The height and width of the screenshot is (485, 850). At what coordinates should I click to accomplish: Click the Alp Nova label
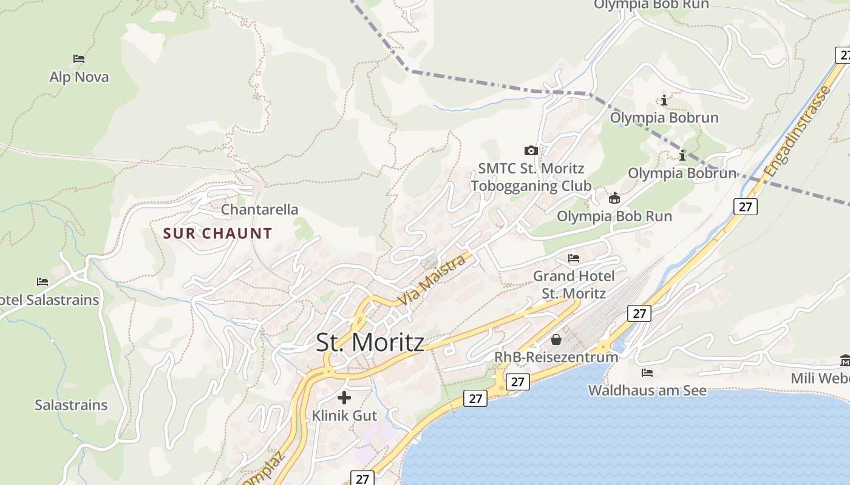(79, 77)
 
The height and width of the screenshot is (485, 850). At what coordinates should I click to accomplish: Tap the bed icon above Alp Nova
(79, 59)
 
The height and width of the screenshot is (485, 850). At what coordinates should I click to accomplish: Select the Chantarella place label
(259, 210)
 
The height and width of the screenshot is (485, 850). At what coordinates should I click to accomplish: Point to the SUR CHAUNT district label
(217, 233)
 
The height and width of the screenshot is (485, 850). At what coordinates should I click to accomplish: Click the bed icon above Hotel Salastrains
(42, 282)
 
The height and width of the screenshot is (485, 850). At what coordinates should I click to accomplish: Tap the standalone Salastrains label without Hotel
(71, 405)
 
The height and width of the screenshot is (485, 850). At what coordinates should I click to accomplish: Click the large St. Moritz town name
(370, 343)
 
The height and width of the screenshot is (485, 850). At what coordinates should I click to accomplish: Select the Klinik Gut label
(344, 416)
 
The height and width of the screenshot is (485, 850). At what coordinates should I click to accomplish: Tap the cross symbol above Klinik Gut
(344, 398)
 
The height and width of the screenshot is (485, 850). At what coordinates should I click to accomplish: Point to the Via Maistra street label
(432, 281)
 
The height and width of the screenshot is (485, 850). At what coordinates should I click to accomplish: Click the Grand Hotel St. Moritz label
(574, 285)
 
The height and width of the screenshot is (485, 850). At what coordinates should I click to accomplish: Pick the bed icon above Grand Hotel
(574, 258)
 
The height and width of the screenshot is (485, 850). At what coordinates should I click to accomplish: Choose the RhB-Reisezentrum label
(556, 357)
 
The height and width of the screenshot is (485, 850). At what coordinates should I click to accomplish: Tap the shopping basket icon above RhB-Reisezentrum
(556, 339)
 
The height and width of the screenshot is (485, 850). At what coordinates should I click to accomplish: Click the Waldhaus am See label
(647, 390)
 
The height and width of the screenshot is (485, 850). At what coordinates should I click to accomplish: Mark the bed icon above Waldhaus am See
(647, 373)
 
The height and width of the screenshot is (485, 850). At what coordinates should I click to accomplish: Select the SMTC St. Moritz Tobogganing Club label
(531, 177)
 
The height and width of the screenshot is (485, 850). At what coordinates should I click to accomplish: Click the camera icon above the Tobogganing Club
(531, 150)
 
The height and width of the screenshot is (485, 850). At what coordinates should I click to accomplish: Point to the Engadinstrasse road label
(798, 132)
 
